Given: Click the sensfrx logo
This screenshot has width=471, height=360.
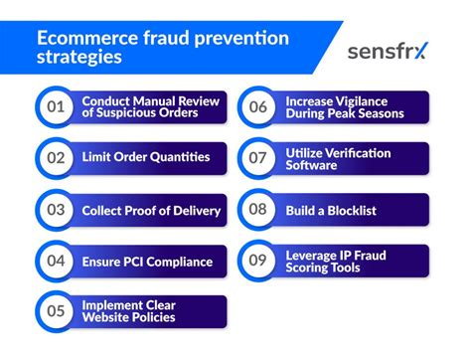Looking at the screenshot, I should coord(387,51).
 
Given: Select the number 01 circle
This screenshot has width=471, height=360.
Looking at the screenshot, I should coord(55,107).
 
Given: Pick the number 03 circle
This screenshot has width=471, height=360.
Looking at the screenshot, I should coord(55,210).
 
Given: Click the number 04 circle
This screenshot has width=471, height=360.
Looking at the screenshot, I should coord(55,262).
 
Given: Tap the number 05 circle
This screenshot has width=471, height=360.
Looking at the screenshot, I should coord(55,312).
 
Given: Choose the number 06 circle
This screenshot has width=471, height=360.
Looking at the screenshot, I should coord(257,107).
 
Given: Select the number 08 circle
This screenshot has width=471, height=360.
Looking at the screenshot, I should coord(257,210).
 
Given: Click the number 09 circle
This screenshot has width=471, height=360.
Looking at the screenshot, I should coord(257,262).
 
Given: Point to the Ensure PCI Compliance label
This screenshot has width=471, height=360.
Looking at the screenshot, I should coord(147,262).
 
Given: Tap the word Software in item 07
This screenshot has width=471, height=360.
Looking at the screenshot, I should coord(312,165).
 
